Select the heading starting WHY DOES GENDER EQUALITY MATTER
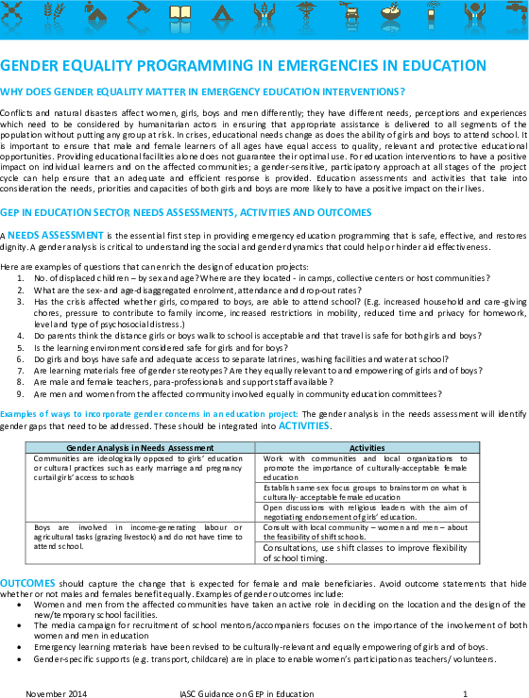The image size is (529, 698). (x=203, y=91)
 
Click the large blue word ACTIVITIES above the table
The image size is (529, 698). (x=304, y=425)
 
